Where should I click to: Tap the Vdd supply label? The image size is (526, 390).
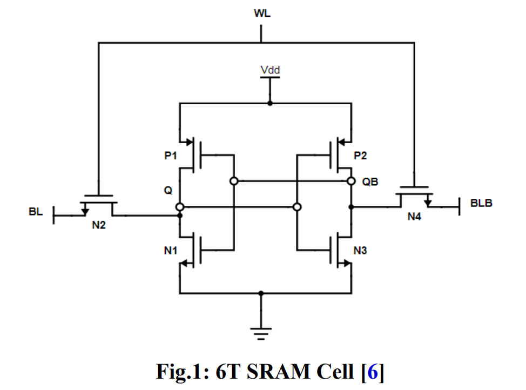click(270, 70)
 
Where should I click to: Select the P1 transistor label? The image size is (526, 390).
click(171, 156)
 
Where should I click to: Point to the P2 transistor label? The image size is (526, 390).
click(360, 156)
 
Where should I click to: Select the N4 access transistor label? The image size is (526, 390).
click(414, 217)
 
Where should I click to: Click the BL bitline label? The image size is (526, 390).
click(36, 212)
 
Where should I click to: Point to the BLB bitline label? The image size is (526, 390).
click(481, 204)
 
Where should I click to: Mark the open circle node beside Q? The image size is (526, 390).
click(180, 207)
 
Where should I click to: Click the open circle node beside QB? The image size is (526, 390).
click(351, 181)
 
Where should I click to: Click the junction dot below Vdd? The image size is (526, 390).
click(270, 103)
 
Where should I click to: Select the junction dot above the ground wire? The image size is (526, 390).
click(261, 293)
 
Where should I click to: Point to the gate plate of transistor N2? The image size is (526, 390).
click(99, 195)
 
